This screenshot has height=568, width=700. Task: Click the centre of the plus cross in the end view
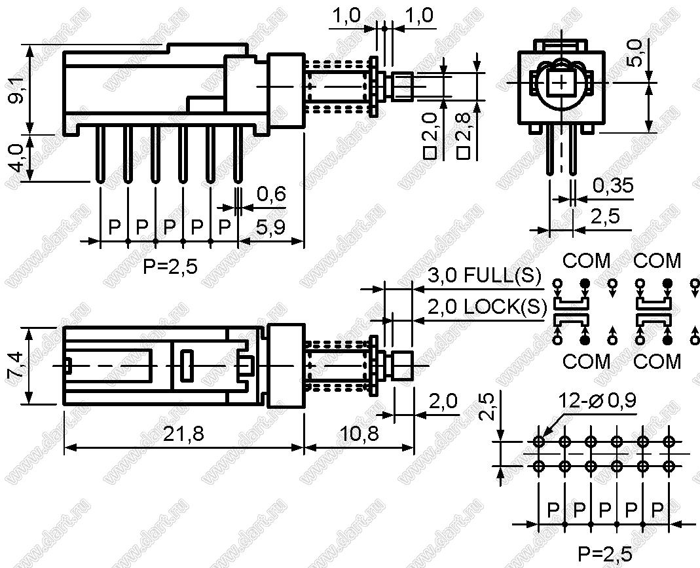(x=561, y=83)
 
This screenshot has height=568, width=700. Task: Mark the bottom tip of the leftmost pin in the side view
(x=100, y=181)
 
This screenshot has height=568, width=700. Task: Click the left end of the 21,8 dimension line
(x=64, y=447)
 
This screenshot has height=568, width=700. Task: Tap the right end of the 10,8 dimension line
(x=414, y=447)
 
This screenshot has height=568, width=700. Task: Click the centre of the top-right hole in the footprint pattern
(x=669, y=442)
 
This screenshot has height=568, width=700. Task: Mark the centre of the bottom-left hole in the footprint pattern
(x=539, y=466)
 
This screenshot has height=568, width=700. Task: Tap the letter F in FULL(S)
(x=470, y=275)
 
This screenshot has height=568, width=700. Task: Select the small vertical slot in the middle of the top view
(x=187, y=366)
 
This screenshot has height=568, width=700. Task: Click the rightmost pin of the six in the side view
(x=238, y=154)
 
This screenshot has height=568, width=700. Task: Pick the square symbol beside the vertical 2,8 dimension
(x=464, y=153)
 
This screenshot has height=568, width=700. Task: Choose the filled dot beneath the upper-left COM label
(x=585, y=283)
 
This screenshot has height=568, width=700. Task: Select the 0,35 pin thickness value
(x=612, y=185)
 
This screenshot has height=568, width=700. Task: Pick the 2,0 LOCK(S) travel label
(x=487, y=307)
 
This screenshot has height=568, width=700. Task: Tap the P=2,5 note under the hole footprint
(x=605, y=554)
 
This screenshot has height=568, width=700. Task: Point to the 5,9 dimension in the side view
(x=270, y=227)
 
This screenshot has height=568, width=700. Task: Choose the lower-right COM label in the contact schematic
(x=657, y=361)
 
